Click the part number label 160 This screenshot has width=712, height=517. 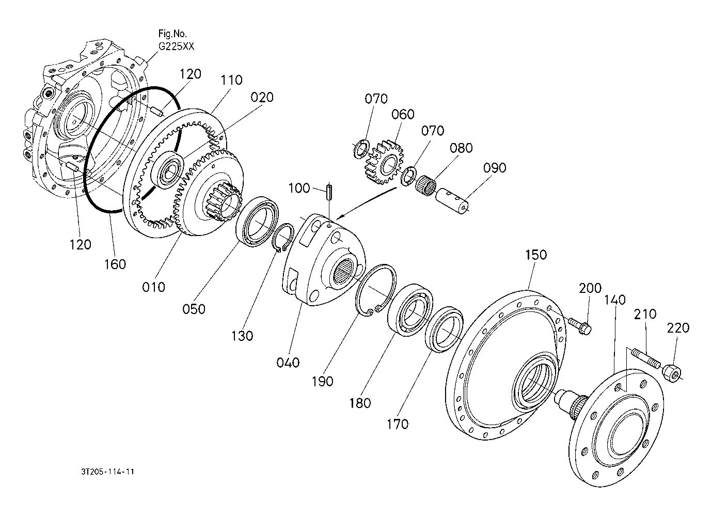(x=115, y=264)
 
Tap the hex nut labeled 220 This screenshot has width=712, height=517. (x=672, y=370)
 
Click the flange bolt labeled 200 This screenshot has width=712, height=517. (x=581, y=325)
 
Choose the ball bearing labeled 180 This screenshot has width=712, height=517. (x=410, y=308)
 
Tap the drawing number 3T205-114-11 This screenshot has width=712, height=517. (x=108, y=472)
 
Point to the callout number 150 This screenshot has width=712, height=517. (x=536, y=255)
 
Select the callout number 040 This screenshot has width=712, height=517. (x=288, y=363)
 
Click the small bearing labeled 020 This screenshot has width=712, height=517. (x=169, y=169)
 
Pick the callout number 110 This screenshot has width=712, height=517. (x=231, y=80)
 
